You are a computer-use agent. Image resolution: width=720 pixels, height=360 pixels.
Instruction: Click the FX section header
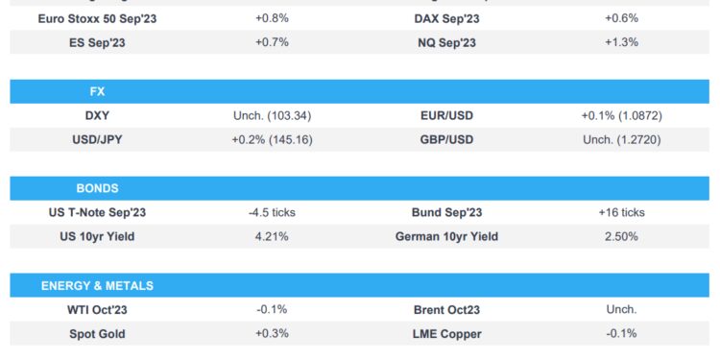[96, 91]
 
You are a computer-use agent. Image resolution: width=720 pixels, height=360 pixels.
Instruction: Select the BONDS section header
[96, 188]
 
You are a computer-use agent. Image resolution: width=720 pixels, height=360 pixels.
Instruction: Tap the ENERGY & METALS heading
[97, 285]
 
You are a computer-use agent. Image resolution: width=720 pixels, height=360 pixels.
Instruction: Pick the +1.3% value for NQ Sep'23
[621, 42]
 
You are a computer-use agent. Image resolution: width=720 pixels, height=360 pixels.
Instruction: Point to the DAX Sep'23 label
[446, 18]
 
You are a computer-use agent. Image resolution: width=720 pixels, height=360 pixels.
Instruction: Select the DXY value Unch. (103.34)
[272, 115]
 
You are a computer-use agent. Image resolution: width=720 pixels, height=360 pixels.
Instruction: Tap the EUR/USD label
[446, 115]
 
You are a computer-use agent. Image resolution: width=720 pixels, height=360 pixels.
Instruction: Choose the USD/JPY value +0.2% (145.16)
[272, 139]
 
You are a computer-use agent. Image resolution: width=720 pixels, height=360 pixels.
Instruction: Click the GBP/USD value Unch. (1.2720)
[621, 139]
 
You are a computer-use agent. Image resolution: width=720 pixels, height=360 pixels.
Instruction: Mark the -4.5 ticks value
[272, 212]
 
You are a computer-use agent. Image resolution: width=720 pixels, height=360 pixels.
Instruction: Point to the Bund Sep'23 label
[446, 212]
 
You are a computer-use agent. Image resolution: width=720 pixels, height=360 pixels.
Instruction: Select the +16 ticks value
[621, 212]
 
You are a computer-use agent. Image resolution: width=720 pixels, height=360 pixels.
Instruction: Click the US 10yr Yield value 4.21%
[272, 236]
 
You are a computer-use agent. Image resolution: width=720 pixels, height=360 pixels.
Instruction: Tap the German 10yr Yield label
[446, 236]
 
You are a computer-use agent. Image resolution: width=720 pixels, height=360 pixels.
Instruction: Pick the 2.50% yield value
[621, 236]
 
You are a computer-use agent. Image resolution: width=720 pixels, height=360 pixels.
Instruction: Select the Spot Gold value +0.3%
[272, 333]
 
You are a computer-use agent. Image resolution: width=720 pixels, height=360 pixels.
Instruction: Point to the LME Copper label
[446, 333]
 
